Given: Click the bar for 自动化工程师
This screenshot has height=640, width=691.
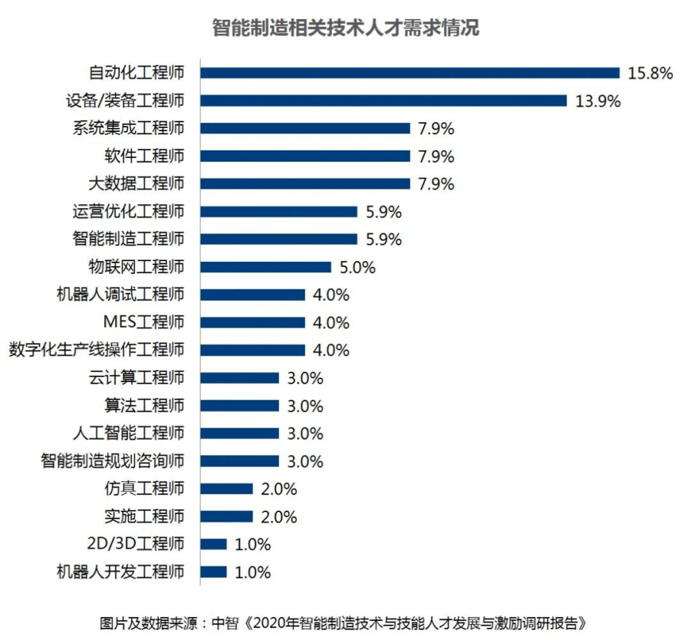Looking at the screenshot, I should pyautogui.click(x=410, y=73).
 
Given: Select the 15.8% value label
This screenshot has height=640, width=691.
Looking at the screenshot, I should pyautogui.click(x=650, y=74).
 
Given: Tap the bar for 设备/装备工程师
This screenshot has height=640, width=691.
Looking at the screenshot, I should pyautogui.click(x=383, y=101).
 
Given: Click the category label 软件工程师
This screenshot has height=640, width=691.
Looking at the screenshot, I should pyautogui.click(x=144, y=157).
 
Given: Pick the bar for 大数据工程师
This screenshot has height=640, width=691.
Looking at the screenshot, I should pyautogui.click(x=305, y=183).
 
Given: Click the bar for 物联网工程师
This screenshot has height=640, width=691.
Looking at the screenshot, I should pyautogui.click(x=265, y=267).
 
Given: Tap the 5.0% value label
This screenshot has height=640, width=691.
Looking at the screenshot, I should pyautogui.click(x=357, y=268).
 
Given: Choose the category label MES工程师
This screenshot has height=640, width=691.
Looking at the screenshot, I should pyautogui.click(x=143, y=322).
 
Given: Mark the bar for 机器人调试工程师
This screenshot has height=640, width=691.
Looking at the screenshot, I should pyautogui.click(x=252, y=295).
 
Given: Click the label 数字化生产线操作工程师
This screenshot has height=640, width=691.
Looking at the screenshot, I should pyautogui.click(x=97, y=350).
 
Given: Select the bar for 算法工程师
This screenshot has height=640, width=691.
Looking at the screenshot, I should pyautogui.click(x=239, y=405).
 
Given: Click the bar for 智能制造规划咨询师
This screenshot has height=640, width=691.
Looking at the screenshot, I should pyautogui.click(x=239, y=460).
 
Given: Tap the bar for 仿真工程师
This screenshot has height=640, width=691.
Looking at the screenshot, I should pyautogui.click(x=226, y=488).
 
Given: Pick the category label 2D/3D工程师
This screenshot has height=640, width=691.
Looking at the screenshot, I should pyautogui.click(x=138, y=544).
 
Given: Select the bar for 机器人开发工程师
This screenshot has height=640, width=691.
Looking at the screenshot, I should pyautogui.click(x=213, y=572).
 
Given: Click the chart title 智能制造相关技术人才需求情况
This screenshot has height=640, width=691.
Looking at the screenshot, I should pyautogui.click(x=346, y=29).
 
